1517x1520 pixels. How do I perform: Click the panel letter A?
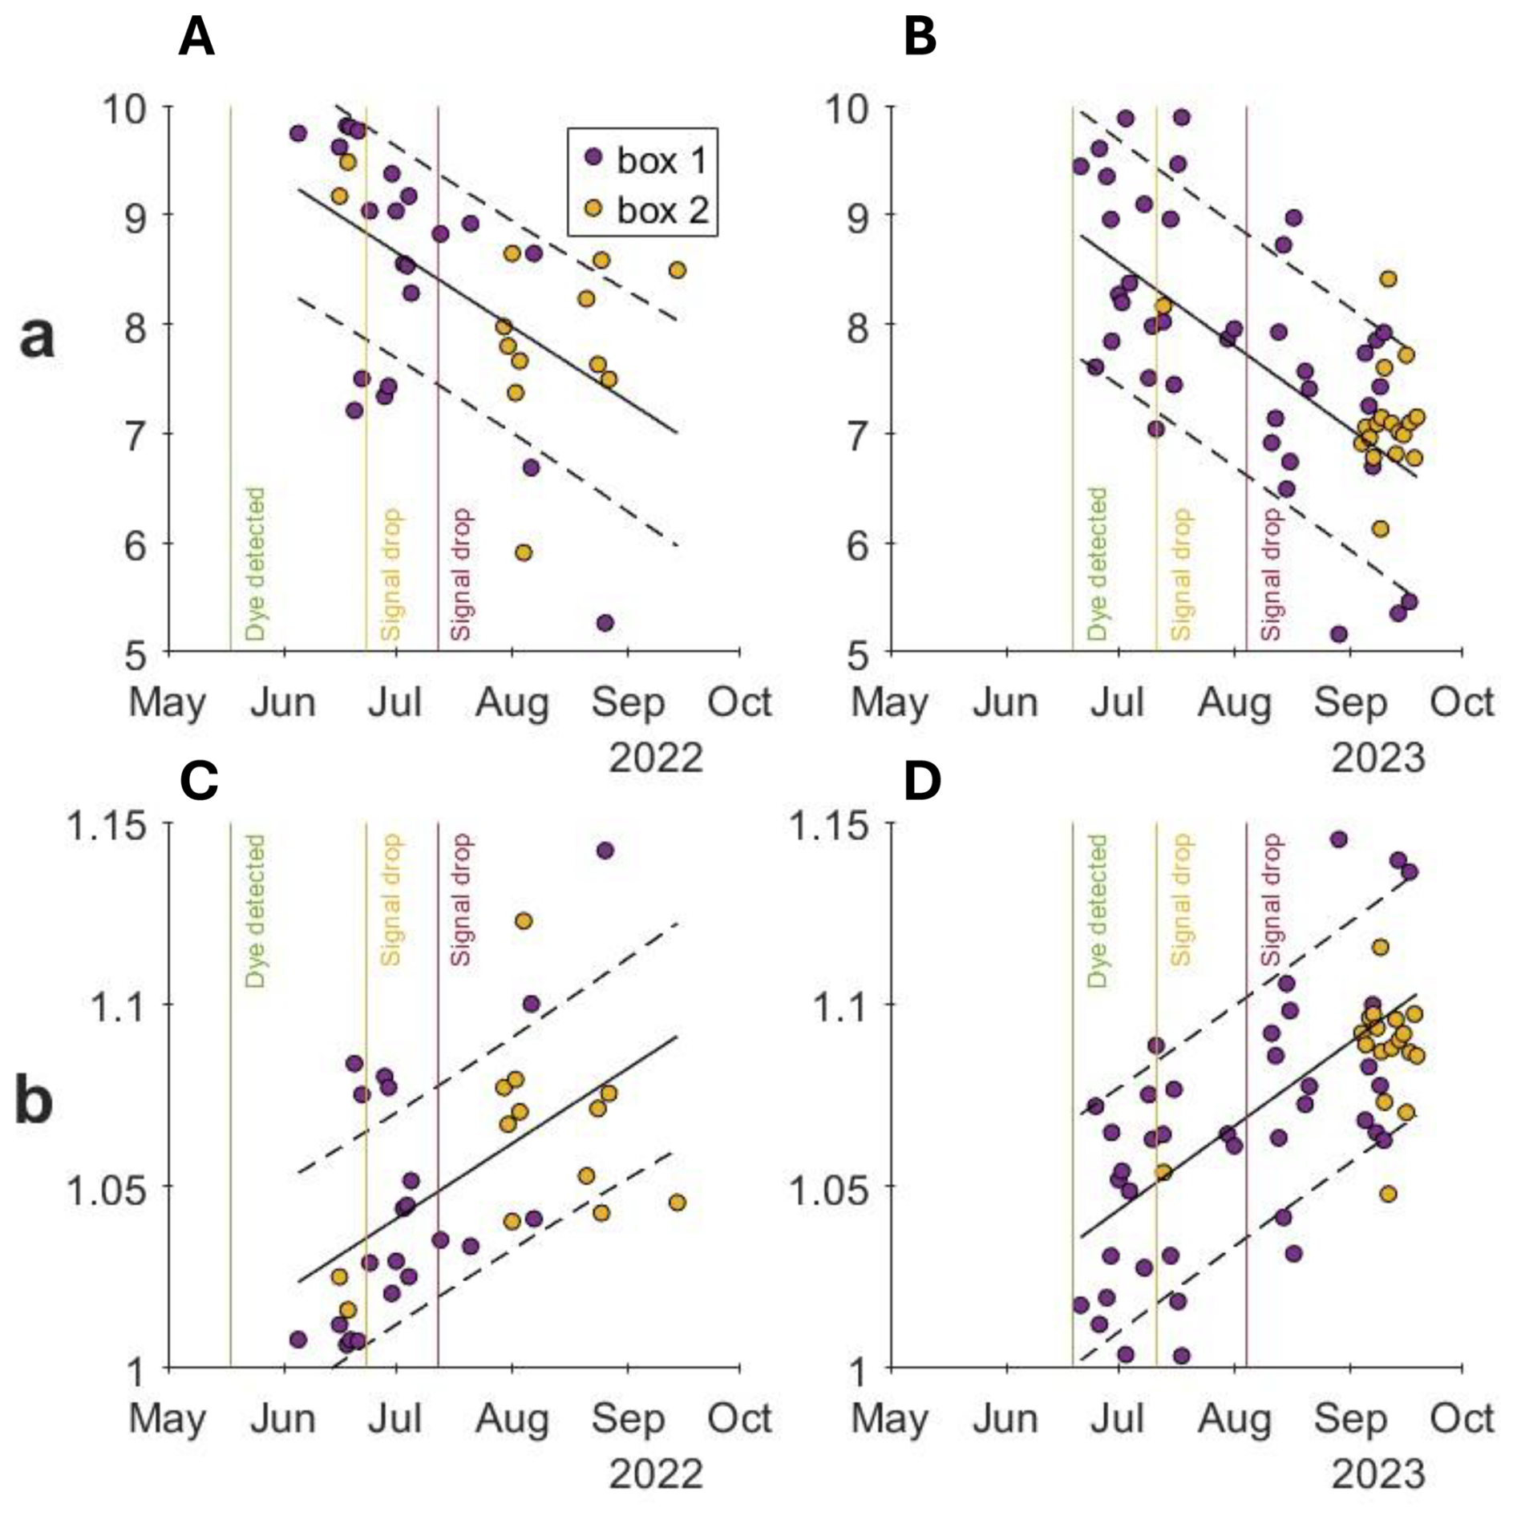tap(196, 37)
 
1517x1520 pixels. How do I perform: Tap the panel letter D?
tap(921, 781)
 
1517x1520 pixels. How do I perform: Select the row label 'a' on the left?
tap(37, 337)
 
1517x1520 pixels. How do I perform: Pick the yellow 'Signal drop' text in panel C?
tap(390, 899)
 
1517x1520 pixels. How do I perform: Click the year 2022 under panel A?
tap(656, 758)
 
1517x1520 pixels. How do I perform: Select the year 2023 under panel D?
tap(1378, 1474)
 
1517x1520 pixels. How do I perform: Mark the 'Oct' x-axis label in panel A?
tap(739, 703)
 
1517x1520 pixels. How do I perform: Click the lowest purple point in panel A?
tap(605, 623)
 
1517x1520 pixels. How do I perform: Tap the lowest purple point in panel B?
tap(1338, 634)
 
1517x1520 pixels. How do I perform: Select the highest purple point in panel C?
tap(605, 851)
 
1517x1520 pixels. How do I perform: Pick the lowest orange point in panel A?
tap(524, 552)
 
